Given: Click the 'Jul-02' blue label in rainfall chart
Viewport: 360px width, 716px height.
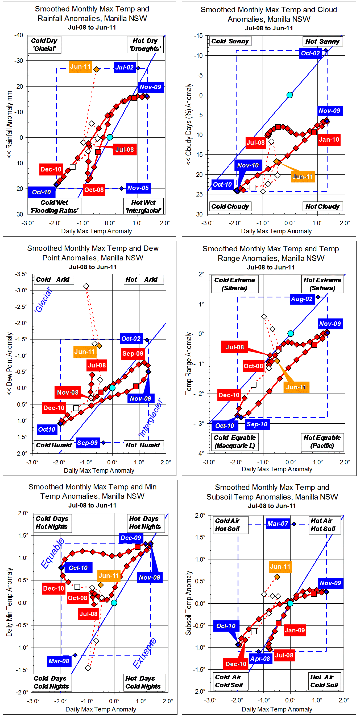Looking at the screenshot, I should point(125,68).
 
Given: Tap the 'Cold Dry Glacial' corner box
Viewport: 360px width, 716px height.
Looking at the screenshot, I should point(44,45).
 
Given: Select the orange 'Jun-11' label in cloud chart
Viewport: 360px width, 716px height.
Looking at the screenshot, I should point(303,177).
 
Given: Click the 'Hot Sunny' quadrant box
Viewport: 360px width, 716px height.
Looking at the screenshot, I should point(322,42).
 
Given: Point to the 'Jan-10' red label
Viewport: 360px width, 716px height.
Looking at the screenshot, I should point(329,140).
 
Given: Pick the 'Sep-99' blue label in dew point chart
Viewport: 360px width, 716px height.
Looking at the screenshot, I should point(88,443).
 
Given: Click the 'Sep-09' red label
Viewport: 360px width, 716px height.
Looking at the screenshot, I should point(133,354).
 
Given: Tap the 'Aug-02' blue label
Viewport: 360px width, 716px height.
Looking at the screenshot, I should point(302,299).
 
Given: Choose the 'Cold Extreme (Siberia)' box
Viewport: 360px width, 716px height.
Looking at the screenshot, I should point(234,284).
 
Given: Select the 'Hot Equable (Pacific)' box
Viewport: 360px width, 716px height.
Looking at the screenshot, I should point(322,442).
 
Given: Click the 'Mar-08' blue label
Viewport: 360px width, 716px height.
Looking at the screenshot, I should point(59,661).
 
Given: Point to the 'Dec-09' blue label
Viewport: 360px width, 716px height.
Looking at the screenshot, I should point(131,538).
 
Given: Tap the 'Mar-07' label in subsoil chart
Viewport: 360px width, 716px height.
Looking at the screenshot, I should point(278,524).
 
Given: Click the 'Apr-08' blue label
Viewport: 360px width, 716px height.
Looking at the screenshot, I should point(260,659).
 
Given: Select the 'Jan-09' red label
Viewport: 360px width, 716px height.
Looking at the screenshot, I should point(295,630).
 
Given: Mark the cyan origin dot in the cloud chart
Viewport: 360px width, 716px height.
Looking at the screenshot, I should point(289,95).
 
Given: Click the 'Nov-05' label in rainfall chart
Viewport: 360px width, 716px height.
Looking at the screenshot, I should point(138,188).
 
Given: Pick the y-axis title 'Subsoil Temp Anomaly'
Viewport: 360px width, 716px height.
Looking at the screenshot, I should point(189,603).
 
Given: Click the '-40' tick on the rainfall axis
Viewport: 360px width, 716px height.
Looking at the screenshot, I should point(19,35).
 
